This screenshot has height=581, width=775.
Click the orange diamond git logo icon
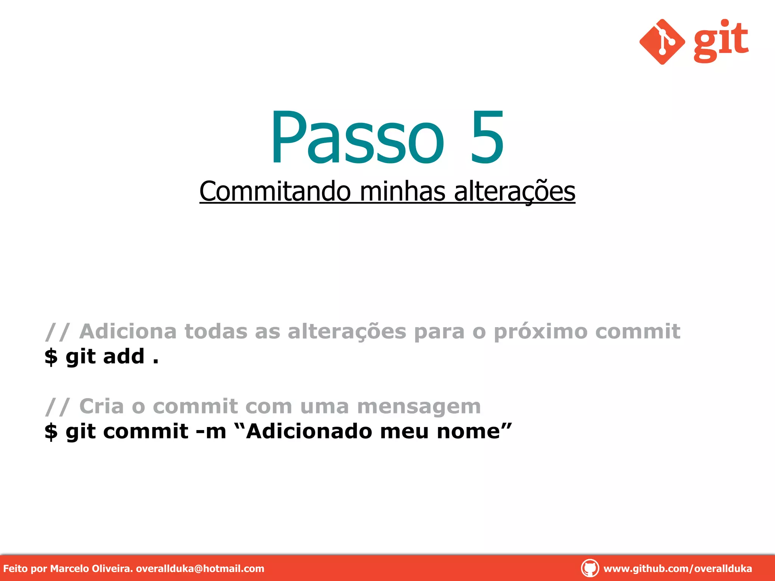(662, 42)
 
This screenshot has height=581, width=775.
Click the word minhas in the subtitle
(402, 191)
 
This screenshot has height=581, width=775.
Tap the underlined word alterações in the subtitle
(514, 191)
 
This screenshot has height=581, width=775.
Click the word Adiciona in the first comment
(128, 331)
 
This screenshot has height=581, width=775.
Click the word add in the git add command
(124, 356)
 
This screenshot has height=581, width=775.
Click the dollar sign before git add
(51, 357)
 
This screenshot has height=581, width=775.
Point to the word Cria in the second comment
(101, 406)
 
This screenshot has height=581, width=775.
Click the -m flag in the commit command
(211, 432)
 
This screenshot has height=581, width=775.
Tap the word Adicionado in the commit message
(309, 432)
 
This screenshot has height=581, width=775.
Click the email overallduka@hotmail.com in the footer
(200, 569)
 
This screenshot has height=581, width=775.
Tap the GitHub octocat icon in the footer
(590, 568)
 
